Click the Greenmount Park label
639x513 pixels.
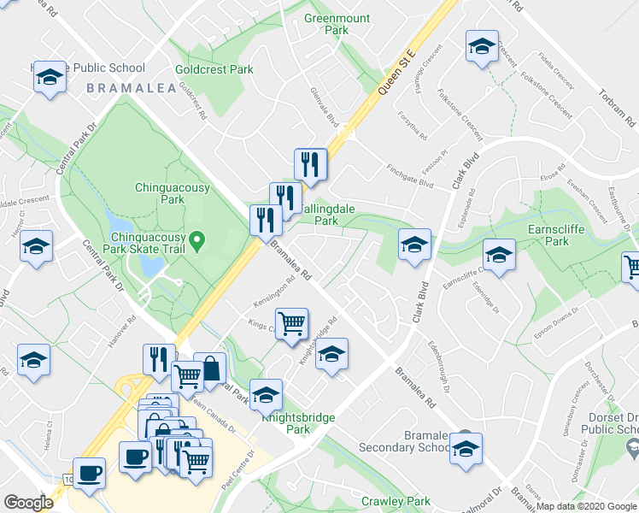[x=326, y=24]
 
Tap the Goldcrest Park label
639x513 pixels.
[x=214, y=68]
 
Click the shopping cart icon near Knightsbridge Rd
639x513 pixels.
[x=291, y=324]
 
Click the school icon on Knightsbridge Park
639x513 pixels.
[x=267, y=395]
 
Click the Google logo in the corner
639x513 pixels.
[x=28, y=503]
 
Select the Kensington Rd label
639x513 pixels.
[x=273, y=292]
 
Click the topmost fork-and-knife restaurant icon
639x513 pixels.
[x=310, y=164]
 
